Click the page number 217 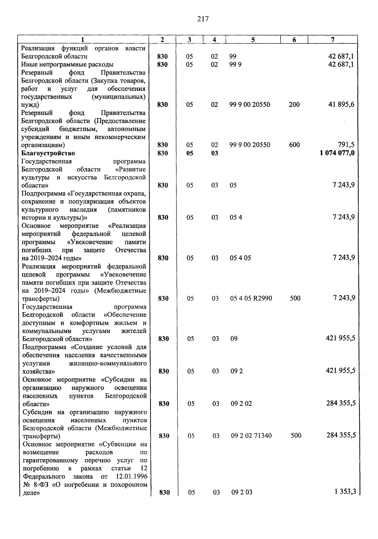(203, 19)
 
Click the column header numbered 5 (253, 40)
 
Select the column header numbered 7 (333, 40)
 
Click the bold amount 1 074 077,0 (337, 153)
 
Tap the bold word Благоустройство (48, 153)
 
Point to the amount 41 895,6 (341, 105)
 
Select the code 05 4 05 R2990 (251, 298)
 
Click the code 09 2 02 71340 (251, 436)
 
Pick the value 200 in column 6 (294, 105)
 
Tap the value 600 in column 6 (294, 145)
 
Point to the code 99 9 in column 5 (235, 64)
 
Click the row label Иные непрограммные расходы (67, 64)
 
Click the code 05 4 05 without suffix (240, 258)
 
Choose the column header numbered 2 (162, 40)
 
